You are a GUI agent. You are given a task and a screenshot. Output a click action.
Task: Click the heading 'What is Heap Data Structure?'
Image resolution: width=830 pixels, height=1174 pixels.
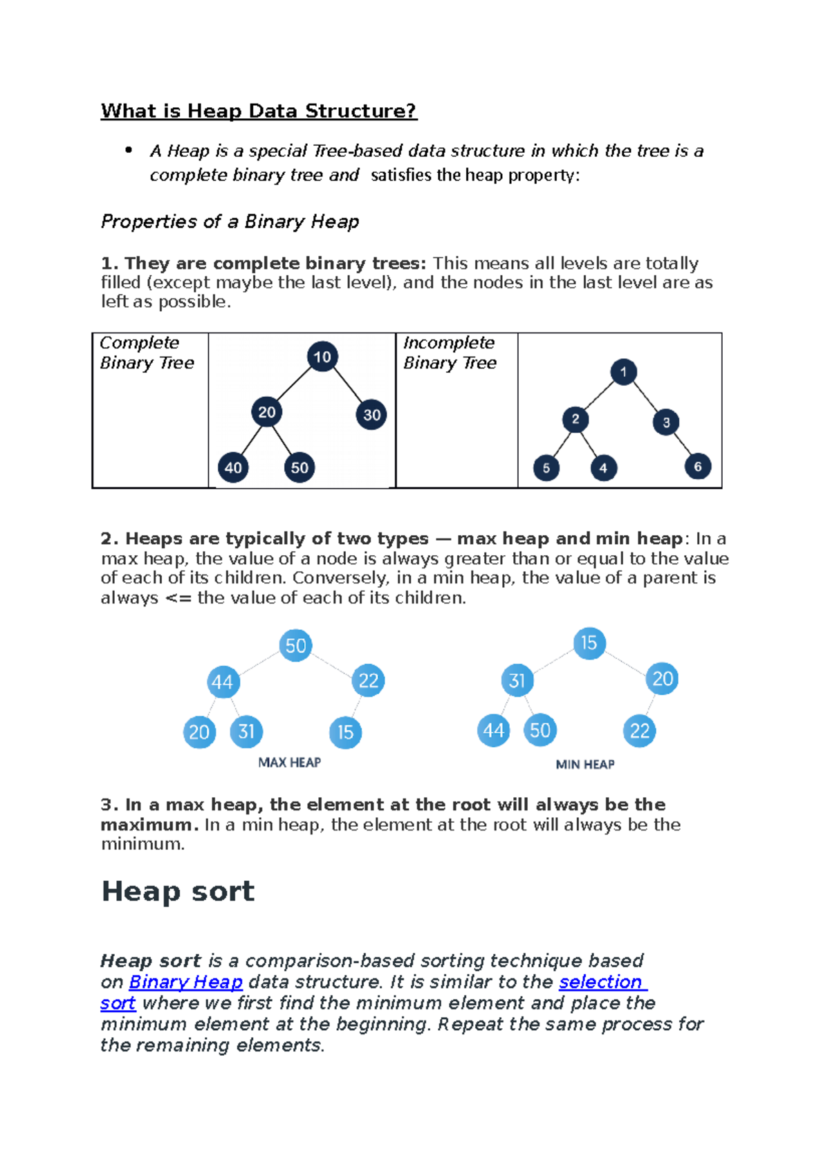point(259,111)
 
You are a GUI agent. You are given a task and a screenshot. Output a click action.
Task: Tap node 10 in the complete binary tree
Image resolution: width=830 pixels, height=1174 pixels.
point(322,357)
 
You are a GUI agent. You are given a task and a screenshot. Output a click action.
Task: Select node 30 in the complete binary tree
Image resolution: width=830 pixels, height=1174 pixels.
point(371,415)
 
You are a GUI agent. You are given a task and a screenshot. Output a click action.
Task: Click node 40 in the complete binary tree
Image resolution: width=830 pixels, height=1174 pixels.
point(233,468)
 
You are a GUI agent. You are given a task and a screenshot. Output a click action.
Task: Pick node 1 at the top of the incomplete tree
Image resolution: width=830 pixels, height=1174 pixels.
point(623,372)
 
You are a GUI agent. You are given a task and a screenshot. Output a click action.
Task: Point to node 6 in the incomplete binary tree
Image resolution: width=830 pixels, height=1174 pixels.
point(697,467)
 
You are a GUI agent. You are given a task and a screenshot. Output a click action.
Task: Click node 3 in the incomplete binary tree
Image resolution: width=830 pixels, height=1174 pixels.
point(666,422)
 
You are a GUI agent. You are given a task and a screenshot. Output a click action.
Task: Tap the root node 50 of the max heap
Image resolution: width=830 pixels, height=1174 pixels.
point(295,646)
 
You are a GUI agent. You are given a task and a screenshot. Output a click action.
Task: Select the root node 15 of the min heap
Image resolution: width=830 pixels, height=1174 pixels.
point(589,643)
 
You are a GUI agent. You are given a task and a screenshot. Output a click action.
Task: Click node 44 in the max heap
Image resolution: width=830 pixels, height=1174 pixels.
point(223,682)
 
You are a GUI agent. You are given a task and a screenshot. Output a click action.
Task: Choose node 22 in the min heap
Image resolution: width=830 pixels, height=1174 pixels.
point(640,731)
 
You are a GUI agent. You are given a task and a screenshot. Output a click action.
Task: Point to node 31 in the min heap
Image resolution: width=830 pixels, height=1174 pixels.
point(517,681)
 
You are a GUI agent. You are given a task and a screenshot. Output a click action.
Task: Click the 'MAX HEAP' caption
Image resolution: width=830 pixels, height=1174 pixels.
point(289,763)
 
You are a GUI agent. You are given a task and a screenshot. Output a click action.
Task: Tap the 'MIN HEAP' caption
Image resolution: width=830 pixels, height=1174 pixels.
point(585,765)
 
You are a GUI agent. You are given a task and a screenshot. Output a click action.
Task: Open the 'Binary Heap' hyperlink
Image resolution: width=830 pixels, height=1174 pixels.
point(185,982)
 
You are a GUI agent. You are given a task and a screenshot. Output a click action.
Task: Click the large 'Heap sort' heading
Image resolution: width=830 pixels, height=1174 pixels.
point(178,891)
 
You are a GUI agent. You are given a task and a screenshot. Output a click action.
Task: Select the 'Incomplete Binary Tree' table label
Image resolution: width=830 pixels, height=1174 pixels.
point(450,353)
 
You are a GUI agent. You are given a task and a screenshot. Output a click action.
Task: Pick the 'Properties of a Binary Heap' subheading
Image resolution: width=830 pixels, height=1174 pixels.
point(230,222)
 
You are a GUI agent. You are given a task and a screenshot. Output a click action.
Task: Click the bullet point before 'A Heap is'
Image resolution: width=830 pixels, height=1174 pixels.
point(128,150)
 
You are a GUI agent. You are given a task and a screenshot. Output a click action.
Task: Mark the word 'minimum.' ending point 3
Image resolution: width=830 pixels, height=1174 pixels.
point(142,844)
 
